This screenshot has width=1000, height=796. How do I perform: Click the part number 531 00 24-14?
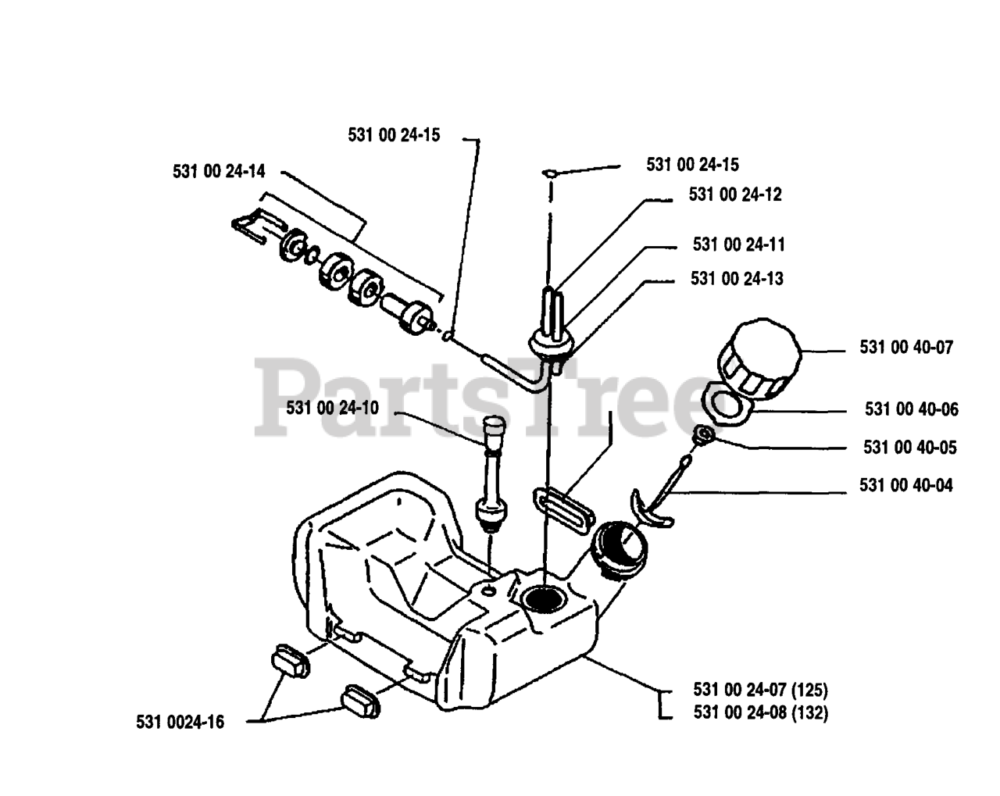point(219,172)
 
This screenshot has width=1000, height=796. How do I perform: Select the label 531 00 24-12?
point(735,195)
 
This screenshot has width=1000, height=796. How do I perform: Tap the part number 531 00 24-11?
point(738,245)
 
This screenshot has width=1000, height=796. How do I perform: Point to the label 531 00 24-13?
point(737,279)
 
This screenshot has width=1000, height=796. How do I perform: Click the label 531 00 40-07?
point(906,348)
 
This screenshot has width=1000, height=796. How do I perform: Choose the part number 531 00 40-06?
point(911,409)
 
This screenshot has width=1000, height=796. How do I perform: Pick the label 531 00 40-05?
point(909,448)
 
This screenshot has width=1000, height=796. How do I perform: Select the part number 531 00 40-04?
point(906,486)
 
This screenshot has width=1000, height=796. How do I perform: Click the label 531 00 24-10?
point(332,408)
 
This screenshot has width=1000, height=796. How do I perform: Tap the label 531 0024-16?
point(180,723)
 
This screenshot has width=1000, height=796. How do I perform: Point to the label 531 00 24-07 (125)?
point(760,690)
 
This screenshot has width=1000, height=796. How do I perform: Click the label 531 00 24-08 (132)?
point(760,712)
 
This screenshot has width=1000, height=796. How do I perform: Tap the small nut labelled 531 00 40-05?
point(702,434)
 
